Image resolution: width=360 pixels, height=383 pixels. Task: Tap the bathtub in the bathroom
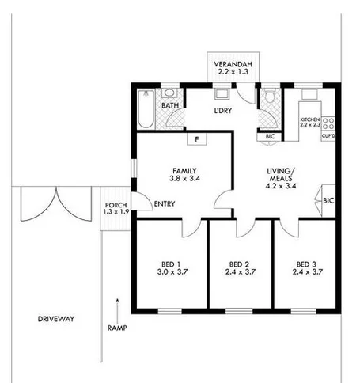144,109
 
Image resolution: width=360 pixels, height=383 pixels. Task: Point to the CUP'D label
328,135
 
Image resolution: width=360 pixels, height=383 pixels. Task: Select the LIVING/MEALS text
282,176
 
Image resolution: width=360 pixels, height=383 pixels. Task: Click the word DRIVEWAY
55,319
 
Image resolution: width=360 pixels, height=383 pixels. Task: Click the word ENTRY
165,204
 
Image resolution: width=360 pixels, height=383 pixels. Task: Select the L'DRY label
222,111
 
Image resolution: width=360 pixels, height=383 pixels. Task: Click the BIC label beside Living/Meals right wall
329,201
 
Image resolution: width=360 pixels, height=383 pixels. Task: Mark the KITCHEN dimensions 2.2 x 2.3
309,126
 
